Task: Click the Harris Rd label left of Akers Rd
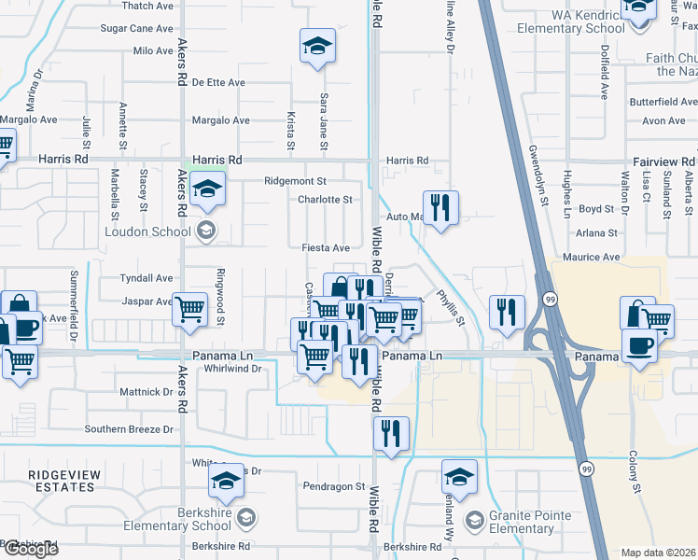click(x=63, y=160)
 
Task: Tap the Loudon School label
click(x=148, y=231)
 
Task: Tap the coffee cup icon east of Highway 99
click(x=640, y=346)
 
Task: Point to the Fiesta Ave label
click(x=326, y=248)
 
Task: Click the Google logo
click(x=31, y=549)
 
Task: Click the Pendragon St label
click(x=334, y=486)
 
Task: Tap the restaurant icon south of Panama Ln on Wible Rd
click(x=390, y=433)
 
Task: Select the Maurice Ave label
click(x=592, y=257)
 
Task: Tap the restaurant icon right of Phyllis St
click(x=505, y=310)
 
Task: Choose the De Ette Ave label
click(x=218, y=82)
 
